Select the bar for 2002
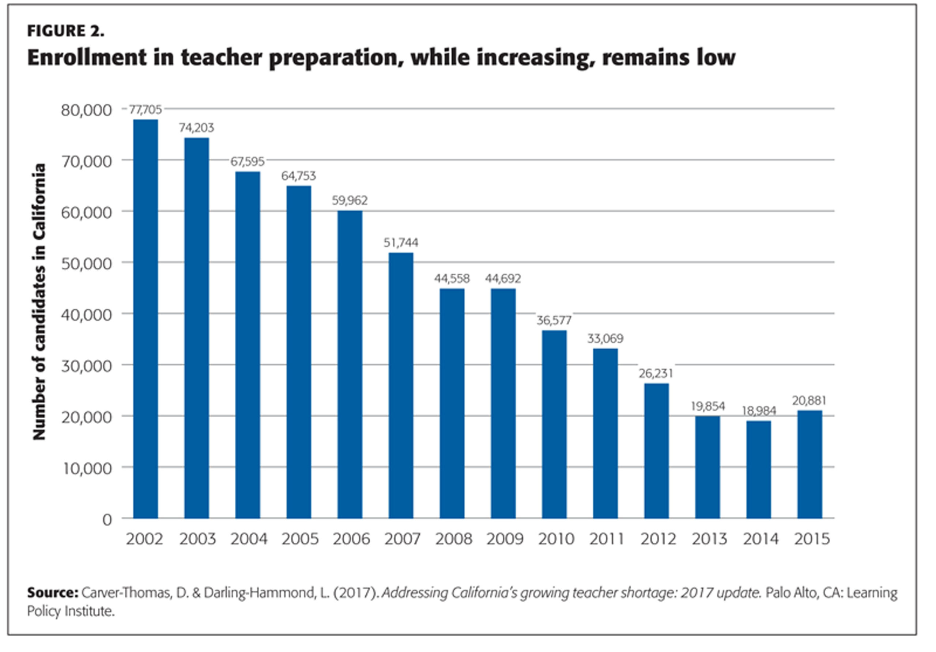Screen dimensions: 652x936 point(146,319)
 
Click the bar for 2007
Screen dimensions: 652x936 point(401,385)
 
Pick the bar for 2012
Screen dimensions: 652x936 point(656,451)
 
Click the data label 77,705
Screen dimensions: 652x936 point(146,109)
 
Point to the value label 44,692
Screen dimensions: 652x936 point(503,279)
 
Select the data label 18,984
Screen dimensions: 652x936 point(759,411)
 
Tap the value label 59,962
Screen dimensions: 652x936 point(350,200)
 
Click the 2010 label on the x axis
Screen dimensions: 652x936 point(556,539)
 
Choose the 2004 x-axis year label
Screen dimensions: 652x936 point(249,539)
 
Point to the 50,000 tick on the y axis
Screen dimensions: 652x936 point(86,264)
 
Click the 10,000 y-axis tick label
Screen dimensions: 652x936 point(86,468)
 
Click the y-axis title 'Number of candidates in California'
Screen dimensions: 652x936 point(39,302)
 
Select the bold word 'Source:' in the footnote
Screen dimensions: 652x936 point(53,592)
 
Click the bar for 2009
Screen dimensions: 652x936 point(503,403)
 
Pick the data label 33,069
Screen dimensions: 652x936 point(605,339)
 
